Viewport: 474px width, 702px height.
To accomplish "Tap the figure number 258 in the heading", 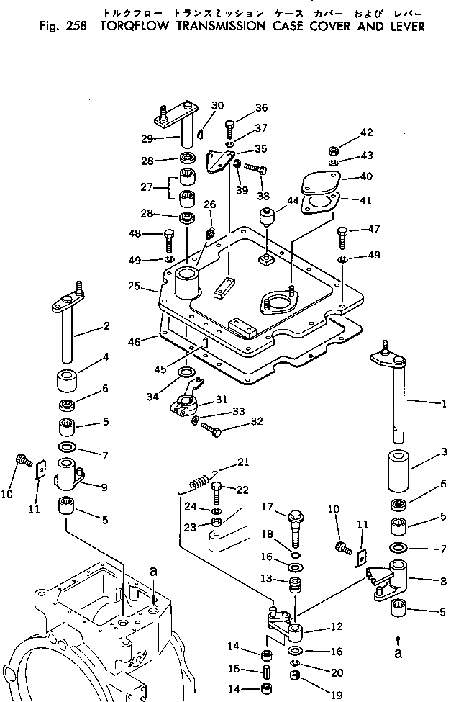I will pos(75,27).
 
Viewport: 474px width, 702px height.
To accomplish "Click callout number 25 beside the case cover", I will pos(152,287).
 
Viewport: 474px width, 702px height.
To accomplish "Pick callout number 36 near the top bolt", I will pos(260,108).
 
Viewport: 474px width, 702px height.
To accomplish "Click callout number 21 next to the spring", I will pos(243,462).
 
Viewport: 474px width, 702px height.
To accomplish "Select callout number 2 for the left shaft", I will pos(106,326).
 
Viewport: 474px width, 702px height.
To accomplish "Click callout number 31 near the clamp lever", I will pos(221,400).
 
